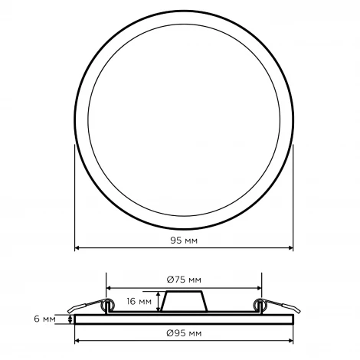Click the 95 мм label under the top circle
tap(184, 241)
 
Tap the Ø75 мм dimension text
tap(184, 280)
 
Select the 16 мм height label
tap(139, 301)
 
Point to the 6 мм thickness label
tap(44, 319)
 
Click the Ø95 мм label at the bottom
tap(184, 333)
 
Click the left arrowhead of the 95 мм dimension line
tap(77, 247)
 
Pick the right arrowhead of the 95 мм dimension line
tap(290, 247)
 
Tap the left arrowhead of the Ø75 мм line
tap(109, 288)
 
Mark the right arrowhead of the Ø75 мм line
tap(259, 288)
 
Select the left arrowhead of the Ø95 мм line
tap(77, 341)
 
